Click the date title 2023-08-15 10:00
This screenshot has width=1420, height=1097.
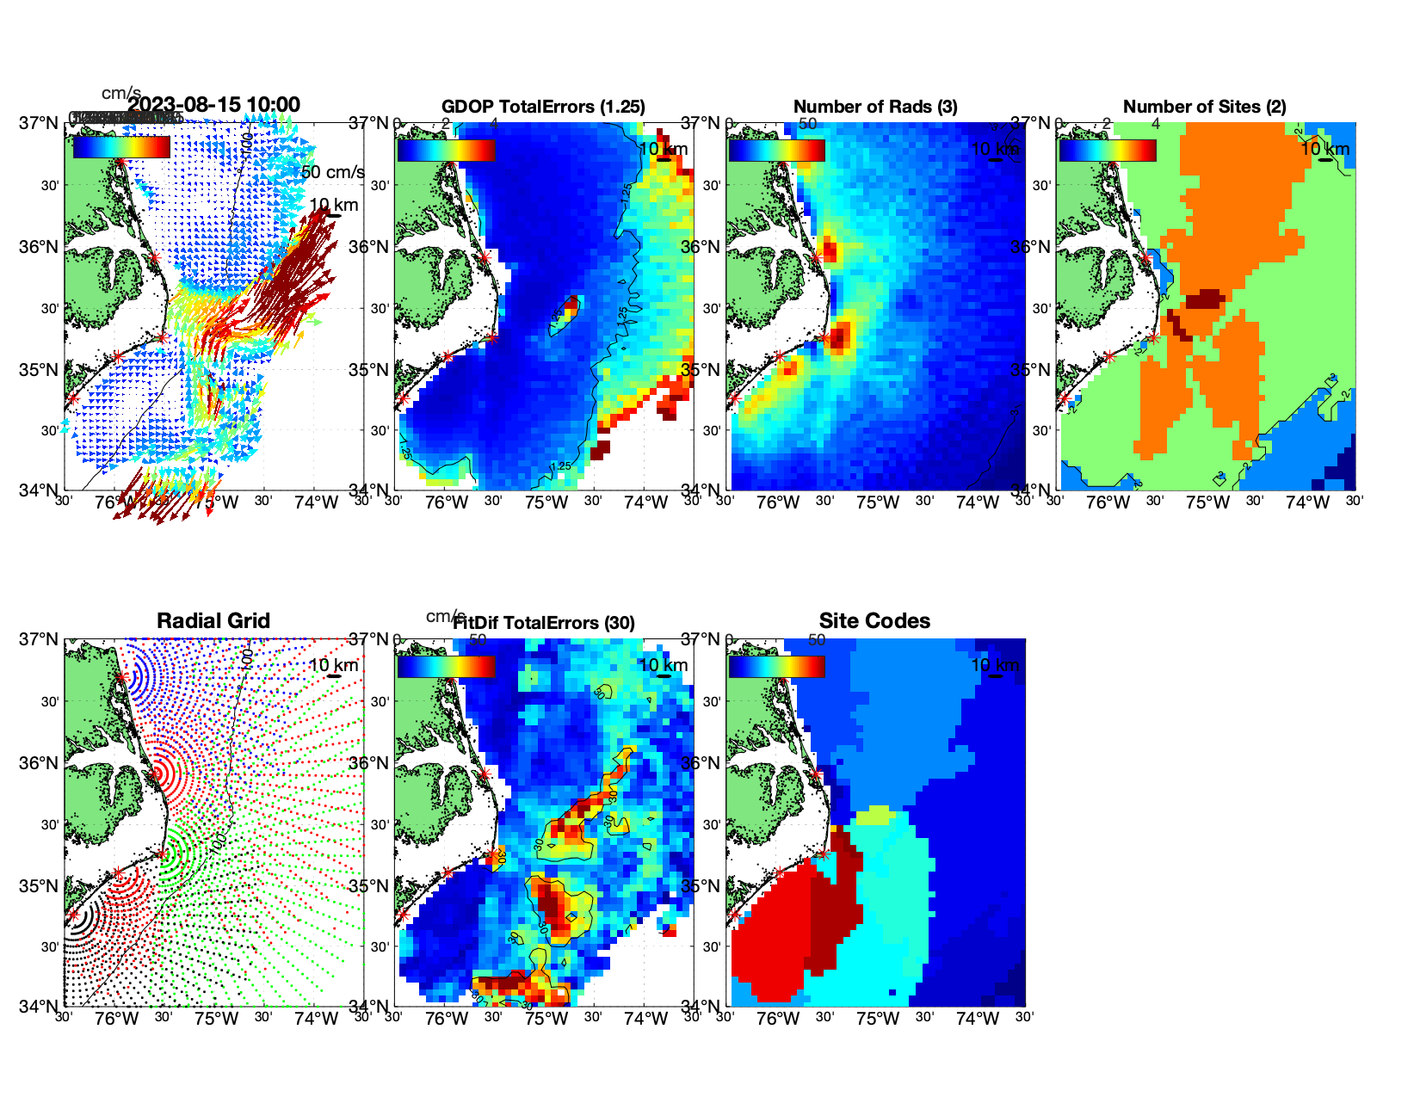point(213,105)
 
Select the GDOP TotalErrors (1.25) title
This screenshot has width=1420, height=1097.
point(543,107)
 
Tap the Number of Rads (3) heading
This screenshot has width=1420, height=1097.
point(875,107)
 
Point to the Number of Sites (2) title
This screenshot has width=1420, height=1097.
point(1204,107)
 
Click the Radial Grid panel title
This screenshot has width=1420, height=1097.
point(213,621)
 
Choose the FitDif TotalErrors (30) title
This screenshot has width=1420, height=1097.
point(544,623)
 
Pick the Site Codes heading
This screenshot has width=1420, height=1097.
point(874,621)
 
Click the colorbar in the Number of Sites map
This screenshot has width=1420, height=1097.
point(1108,150)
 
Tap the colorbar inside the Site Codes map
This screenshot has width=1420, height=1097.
point(776,666)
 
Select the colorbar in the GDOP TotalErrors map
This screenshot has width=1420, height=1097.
point(446,150)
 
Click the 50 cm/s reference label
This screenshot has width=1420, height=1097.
point(332,172)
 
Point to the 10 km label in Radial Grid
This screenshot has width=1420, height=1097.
point(333,665)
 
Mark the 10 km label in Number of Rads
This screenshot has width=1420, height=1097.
point(994,149)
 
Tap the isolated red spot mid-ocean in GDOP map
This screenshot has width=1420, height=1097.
point(571,305)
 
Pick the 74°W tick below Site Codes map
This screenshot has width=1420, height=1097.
point(978,1019)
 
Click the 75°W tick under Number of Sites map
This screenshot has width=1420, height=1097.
point(1207,502)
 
